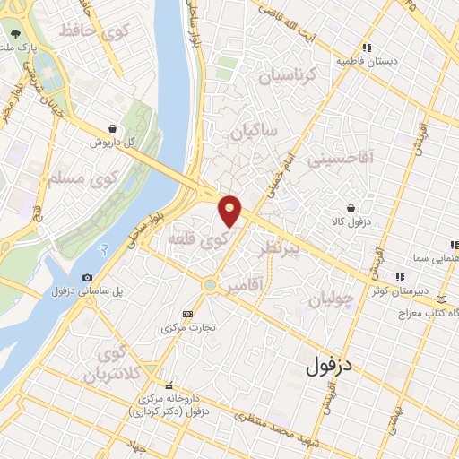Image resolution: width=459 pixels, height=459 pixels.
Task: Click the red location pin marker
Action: [230, 210]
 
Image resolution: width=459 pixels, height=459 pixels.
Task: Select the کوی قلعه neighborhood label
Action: [200, 240]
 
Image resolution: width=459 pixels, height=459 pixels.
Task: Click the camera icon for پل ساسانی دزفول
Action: [87, 278]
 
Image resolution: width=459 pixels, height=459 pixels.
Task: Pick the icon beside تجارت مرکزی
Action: [186, 314]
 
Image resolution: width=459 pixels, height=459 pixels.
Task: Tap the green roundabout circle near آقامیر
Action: [209, 285]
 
